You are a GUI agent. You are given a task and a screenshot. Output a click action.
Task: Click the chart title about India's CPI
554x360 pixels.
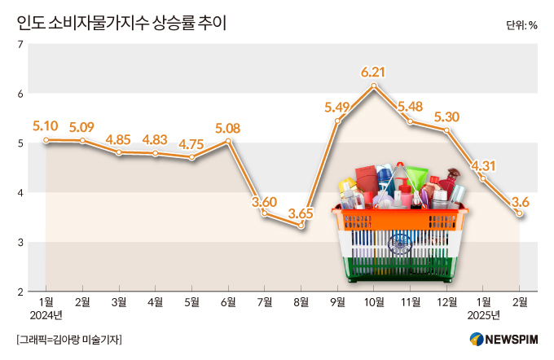[121, 23]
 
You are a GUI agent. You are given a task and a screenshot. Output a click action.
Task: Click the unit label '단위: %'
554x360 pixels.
[521, 24]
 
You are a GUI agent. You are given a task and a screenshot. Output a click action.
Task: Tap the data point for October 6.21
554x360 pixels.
[373, 86]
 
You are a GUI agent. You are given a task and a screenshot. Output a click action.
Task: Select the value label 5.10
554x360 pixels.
[45, 126]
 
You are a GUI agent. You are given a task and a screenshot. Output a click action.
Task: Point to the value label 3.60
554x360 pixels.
[265, 202]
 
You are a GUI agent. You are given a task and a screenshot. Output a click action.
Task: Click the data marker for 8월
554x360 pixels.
[301, 225]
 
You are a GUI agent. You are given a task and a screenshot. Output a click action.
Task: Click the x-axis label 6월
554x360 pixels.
[228, 302]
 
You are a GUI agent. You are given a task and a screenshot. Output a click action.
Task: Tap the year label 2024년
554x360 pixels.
[45, 315]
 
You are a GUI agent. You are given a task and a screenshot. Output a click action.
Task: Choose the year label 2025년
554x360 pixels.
[484, 315]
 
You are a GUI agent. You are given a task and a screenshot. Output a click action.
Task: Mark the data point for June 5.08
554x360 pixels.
[228, 141]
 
